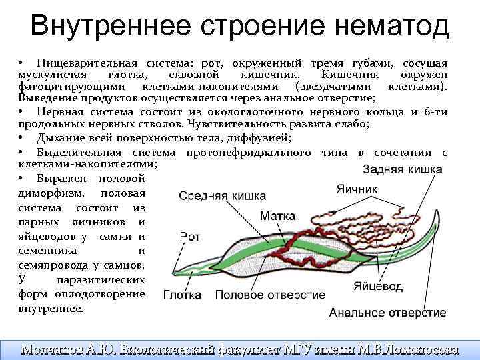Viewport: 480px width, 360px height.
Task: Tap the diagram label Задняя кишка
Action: click(401, 170)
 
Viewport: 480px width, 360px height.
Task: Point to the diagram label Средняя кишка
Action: click(223, 196)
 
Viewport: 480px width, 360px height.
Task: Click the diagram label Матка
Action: click(274, 216)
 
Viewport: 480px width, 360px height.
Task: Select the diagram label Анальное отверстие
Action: click(387, 312)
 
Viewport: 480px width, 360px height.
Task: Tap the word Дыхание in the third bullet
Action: click(61, 138)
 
